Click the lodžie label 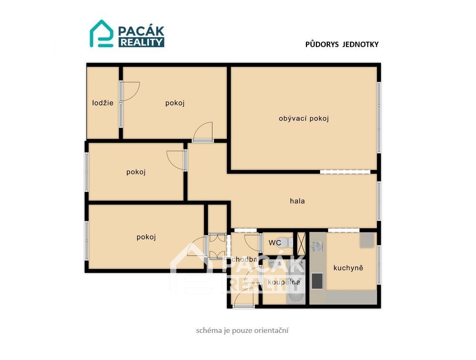[x=103, y=103]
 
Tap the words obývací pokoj [x=304, y=118]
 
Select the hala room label [x=297, y=201]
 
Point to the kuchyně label [x=348, y=268]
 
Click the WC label [x=275, y=243]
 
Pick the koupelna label [x=284, y=282]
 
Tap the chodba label [x=245, y=259]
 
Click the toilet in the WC [x=287, y=242]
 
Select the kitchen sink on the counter [x=316, y=247]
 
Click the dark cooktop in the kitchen [x=317, y=281]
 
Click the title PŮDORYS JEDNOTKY [x=342, y=45]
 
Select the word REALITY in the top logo [x=141, y=42]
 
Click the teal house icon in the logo [x=101, y=34]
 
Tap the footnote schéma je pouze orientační [x=242, y=330]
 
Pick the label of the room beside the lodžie [x=175, y=103]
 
